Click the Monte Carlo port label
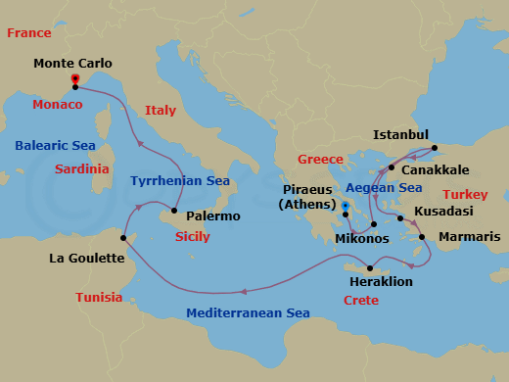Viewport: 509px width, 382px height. [x=72, y=64]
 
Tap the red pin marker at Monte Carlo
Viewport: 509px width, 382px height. [x=75, y=78]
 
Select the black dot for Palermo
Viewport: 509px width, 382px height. [x=173, y=211]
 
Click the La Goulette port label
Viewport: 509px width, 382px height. [x=86, y=259]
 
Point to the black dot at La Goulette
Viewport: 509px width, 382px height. [x=123, y=237]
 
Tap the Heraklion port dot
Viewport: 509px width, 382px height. [x=369, y=268]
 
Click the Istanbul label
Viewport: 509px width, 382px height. [x=401, y=134]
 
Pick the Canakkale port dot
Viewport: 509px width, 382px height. [x=391, y=167]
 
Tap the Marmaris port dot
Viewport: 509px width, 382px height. [x=422, y=237]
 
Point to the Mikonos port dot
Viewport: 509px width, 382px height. [x=374, y=224]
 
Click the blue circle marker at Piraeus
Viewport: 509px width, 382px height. [x=345, y=205]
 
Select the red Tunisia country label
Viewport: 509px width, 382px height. [x=99, y=297]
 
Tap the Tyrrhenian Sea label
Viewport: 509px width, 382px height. [x=180, y=181]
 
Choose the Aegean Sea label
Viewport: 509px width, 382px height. [x=383, y=188]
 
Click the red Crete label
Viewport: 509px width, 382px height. [x=362, y=301]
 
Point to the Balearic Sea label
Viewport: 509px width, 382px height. [x=54, y=146]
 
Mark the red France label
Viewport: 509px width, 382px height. [x=29, y=33]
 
